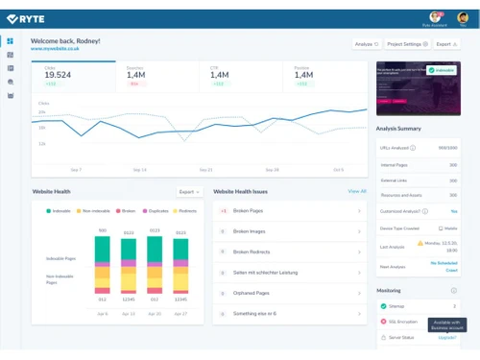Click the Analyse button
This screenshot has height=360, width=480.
tap(367, 43)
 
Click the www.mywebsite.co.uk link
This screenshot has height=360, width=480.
tap(54, 49)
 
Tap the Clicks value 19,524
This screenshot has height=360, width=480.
tap(58, 74)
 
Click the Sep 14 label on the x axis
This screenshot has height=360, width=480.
tap(139, 169)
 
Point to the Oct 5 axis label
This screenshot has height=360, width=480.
tap(338, 169)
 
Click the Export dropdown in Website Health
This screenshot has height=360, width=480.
tap(188, 192)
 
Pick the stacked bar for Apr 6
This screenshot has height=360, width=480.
tap(103, 264)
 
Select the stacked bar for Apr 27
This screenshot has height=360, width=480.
tap(180, 264)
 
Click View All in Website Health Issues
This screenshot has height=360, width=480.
tap(357, 192)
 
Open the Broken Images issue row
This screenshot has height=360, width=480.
tap(288, 230)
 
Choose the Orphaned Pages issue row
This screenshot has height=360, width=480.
tap(288, 293)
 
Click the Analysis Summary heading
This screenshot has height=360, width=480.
tap(397, 128)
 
